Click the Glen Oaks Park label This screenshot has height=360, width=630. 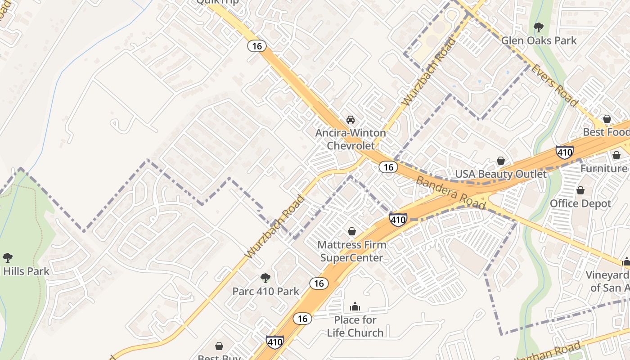(x=539, y=40)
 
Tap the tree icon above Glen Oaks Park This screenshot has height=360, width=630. (x=538, y=27)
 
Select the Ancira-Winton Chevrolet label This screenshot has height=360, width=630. (x=351, y=139)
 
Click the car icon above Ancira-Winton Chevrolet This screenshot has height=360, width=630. (x=351, y=120)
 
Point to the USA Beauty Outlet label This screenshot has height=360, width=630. (x=501, y=174)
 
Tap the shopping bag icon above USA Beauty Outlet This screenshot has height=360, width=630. (x=500, y=161)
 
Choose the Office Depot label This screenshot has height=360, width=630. (x=580, y=203)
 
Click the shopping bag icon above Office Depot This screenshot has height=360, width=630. (x=580, y=190)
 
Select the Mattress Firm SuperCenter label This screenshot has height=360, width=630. (x=351, y=251)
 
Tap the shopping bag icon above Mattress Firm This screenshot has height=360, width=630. (x=352, y=231)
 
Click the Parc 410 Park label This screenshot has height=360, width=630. (x=265, y=291)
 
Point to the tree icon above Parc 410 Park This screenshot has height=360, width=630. (x=265, y=278)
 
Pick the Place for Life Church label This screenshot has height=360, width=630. (x=355, y=326)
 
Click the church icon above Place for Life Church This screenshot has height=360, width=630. (x=355, y=307)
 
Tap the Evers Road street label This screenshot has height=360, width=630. (x=554, y=85)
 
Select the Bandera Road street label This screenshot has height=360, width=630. (x=451, y=193)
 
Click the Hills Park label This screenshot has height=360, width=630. (x=26, y=271)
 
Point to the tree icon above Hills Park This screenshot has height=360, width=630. (x=7, y=258)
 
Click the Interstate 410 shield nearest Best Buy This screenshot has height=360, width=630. (x=274, y=342)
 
